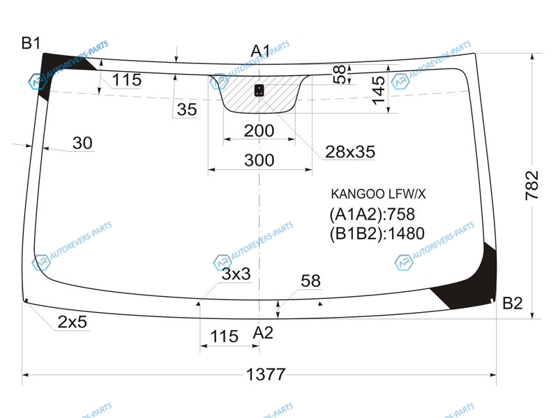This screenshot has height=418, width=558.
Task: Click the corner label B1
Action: [31, 43]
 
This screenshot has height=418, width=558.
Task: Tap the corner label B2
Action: [512, 303]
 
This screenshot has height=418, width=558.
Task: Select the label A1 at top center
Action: [260, 51]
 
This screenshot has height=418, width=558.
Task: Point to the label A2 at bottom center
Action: [263, 333]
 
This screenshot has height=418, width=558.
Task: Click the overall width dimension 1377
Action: [266, 374]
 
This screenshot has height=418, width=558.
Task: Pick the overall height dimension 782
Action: [532, 185]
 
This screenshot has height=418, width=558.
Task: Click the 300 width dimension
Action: [259, 160]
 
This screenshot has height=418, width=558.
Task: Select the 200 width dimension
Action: [259, 131]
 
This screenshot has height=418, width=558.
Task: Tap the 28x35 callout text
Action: [350, 152]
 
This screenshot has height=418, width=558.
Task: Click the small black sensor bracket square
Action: [259, 91]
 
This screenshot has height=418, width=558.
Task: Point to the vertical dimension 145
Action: [378, 91]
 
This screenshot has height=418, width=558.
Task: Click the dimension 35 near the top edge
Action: [187, 109]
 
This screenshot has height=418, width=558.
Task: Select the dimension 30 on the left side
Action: [82, 143]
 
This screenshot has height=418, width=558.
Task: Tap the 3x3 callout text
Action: [236, 274]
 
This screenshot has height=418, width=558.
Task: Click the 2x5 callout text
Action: [73, 322]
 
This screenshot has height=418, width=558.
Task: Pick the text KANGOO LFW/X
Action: [378, 194]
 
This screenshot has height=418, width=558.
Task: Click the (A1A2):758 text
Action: [372, 215]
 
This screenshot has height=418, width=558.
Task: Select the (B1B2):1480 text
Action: [377, 234]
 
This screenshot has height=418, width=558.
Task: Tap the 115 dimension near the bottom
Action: [224, 336]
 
